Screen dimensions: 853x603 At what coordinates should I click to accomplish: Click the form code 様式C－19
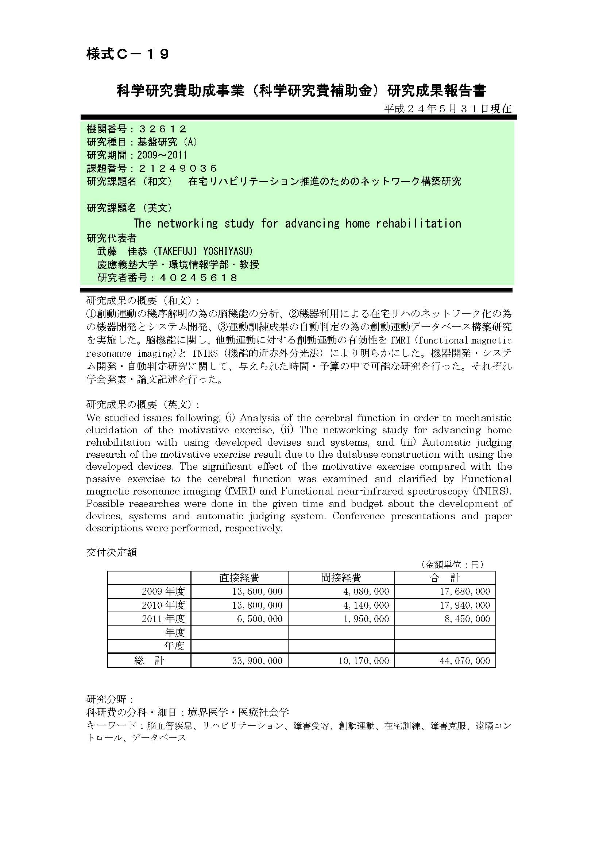128,54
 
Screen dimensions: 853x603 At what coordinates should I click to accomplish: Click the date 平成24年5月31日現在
448,109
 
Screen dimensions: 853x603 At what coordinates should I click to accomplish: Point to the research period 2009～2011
162,155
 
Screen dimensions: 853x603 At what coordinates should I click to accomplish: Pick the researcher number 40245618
198,278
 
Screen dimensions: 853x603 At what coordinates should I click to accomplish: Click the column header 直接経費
239,577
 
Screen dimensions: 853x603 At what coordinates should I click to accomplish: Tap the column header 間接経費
341,577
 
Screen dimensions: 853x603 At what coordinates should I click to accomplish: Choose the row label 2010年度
163,605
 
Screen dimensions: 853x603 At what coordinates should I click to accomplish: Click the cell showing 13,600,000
257,592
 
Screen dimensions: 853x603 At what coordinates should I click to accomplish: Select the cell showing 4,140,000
366,605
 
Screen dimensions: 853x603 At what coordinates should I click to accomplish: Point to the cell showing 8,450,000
467,619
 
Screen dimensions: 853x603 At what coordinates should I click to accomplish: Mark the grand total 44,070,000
465,661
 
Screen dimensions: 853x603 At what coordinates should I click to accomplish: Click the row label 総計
149,661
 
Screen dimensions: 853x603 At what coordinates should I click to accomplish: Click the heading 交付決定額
112,552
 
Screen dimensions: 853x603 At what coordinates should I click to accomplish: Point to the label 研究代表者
112,238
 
